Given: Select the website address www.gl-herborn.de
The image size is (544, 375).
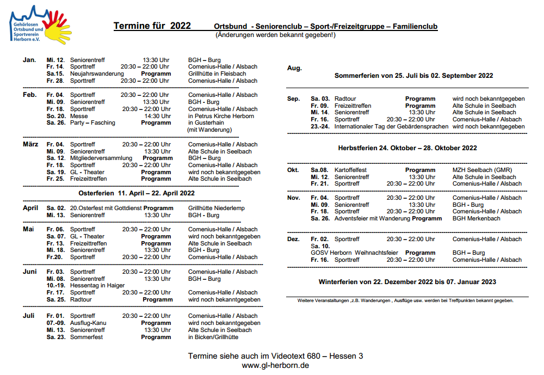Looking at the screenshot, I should (x=275, y=365).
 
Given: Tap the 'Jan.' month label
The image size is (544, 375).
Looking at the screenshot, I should (x=29, y=60).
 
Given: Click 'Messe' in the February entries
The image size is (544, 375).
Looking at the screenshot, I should (x=79, y=116).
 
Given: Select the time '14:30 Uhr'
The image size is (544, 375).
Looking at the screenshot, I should (x=157, y=116).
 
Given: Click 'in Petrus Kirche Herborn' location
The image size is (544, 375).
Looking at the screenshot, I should (x=220, y=116).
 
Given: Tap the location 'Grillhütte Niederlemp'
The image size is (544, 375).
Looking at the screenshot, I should (x=216, y=208).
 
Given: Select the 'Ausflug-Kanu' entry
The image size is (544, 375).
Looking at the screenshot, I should (x=88, y=323).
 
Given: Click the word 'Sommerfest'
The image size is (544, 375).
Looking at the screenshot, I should (x=86, y=337).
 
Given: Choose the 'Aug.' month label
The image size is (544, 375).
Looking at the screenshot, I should (x=294, y=68).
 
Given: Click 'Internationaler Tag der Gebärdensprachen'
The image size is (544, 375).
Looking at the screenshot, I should (x=391, y=126).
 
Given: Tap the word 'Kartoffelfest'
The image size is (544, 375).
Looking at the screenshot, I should (x=350, y=170).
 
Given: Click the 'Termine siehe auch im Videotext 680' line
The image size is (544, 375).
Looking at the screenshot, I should (x=275, y=356).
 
